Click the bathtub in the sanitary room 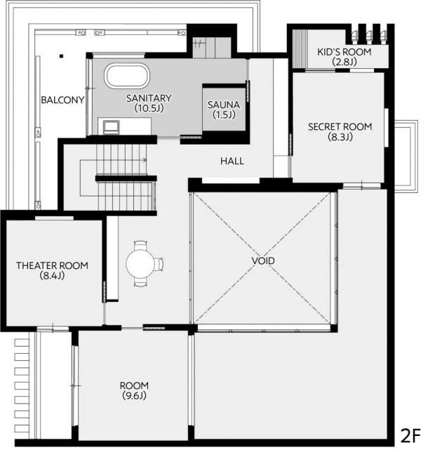[x=127, y=76]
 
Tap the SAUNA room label [x=224, y=105]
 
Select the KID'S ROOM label [x=344, y=52]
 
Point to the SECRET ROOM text [x=340, y=126]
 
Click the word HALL [x=232, y=161]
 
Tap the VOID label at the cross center [x=263, y=260]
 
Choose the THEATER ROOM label [x=52, y=265]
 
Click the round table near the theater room [x=140, y=263]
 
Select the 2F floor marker [x=410, y=436]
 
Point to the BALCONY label [x=62, y=100]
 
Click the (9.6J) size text [x=134, y=396]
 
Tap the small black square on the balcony [x=61, y=56]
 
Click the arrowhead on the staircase [x=145, y=160]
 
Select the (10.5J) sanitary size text [x=149, y=108]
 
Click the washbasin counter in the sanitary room [x=124, y=126]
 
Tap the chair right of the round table [x=159, y=264]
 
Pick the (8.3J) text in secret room [x=340, y=137]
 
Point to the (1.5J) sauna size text [x=224, y=114]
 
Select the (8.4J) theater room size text [x=52, y=275]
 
